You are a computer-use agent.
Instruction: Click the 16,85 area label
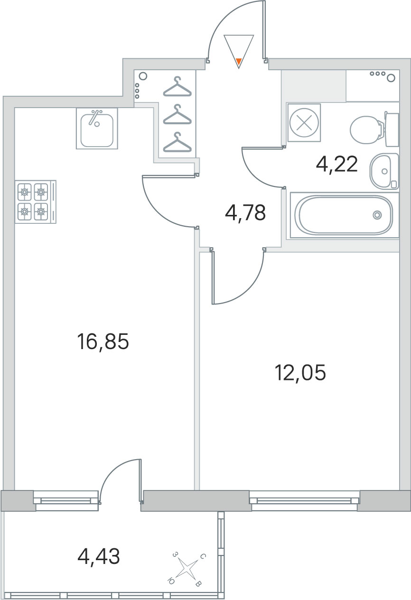(x=103, y=342)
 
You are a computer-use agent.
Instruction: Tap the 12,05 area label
(x=300, y=373)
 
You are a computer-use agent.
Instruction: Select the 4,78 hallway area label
(x=245, y=212)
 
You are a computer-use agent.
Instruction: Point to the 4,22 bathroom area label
(x=337, y=164)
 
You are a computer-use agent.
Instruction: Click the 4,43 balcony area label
(x=98, y=556)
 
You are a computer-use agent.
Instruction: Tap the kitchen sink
(x=97, y=129)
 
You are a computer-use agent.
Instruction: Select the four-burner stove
(x=36, y=202)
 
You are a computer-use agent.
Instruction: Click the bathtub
(x=345, y=215)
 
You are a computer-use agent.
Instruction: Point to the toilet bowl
(x=374, y=129)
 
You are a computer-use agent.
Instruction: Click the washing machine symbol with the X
(x=304, y=123)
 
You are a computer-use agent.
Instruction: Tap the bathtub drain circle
(x=377, y=214)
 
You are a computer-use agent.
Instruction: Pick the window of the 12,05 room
(x=304, y=500)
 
